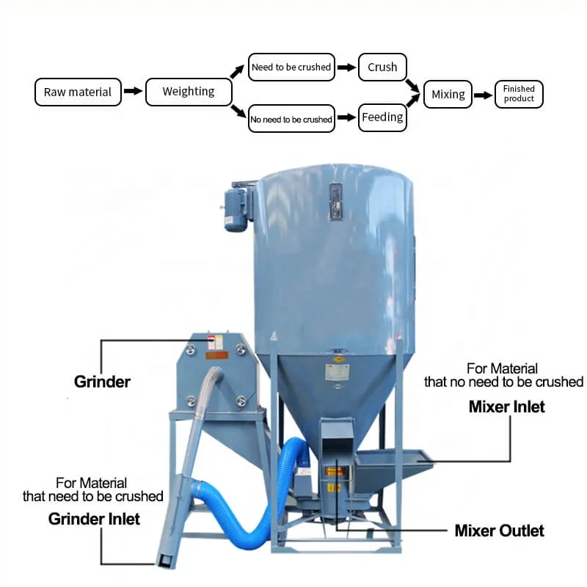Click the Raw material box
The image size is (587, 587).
78,92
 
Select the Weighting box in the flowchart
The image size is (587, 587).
189,92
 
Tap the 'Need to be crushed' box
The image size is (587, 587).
291,68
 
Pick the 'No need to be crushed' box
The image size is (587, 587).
291,119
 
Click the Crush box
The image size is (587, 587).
382,68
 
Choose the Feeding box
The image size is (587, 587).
382,117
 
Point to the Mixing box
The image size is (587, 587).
448,94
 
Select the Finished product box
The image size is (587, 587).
519,94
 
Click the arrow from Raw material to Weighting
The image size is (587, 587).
133,92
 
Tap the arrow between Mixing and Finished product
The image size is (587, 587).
483,95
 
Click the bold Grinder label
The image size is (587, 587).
102,382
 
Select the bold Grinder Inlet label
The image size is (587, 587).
94,519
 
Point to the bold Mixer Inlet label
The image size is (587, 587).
507,406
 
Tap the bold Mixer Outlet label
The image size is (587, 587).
500,531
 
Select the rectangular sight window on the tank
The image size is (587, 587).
336,199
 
